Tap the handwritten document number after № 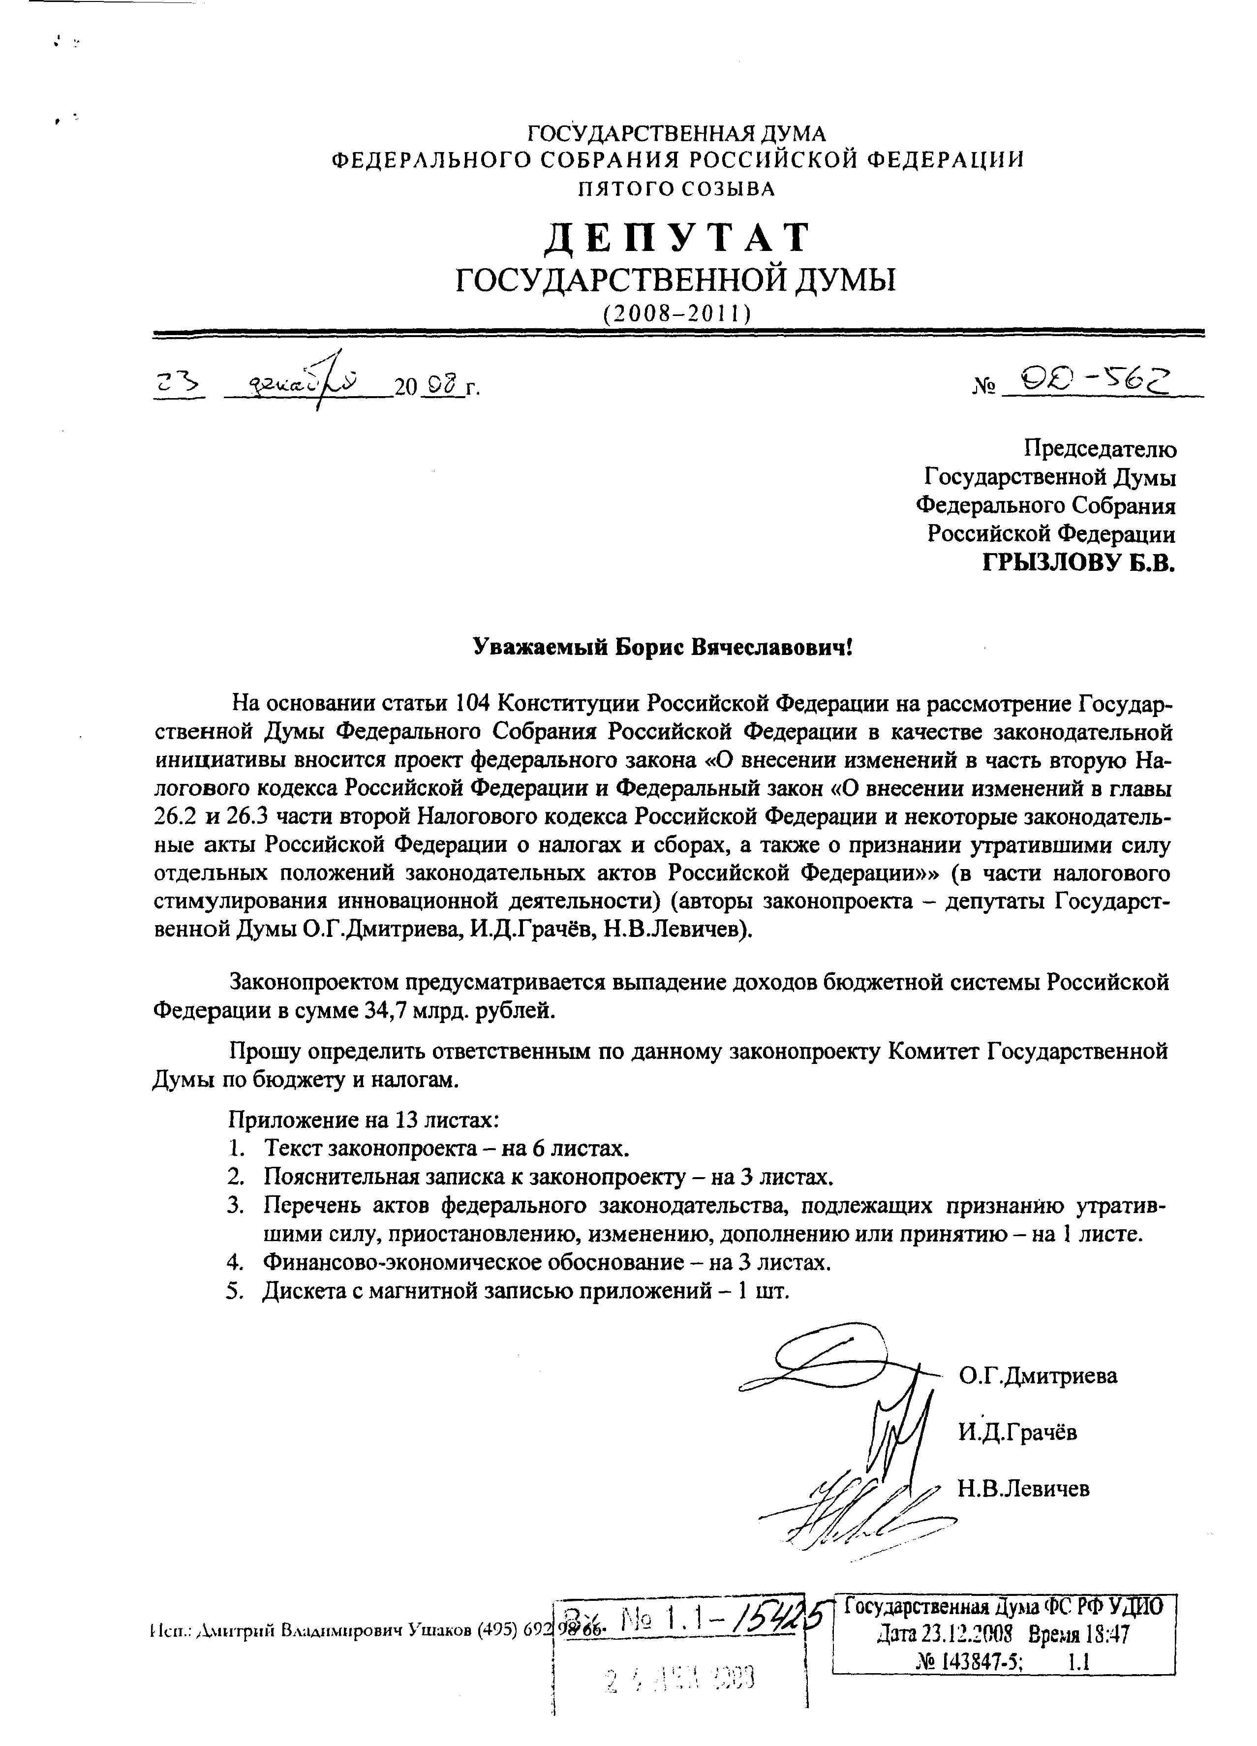tap(1094, 379)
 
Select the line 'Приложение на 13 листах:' tap(364, 1120)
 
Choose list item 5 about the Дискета tap(526, 1291)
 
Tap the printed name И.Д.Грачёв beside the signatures tap(1017, 1432)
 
